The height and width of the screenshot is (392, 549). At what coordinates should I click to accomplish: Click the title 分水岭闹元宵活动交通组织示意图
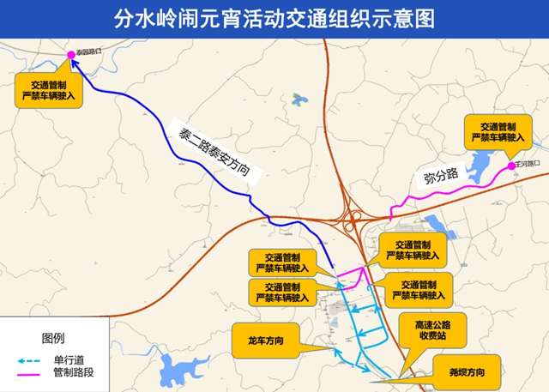point(274,16)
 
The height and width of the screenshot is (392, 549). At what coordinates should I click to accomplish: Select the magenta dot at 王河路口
point(511,166)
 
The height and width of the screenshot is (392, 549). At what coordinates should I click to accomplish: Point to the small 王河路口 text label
point(527,163)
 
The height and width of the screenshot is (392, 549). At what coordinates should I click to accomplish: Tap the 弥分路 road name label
point(441,176)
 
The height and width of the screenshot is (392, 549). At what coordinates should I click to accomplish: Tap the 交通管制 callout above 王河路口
point(498,130)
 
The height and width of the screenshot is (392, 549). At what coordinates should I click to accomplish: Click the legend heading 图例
point(53,337)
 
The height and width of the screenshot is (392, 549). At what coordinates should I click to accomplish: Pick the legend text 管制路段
point(74,373)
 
